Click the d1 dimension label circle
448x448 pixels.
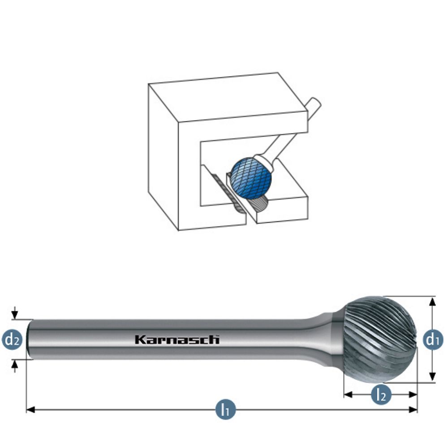click(x=432, y=340)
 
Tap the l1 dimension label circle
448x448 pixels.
click(x=225, y=409)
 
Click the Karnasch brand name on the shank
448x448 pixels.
click(x=177, y=340)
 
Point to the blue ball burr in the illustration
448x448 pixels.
click(x=251, y=178)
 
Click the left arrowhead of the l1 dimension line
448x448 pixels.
click(x=30, y=409)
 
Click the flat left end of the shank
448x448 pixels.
click(x=29, y=339)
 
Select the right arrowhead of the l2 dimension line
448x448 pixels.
click(x=414, y=395)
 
